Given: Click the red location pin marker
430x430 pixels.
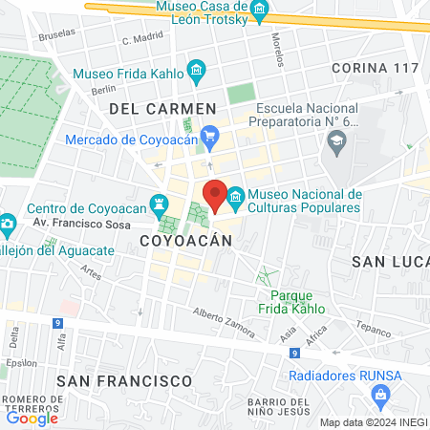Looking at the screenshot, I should tap(215, 195).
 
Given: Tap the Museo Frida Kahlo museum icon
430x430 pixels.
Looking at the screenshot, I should tap(197, 70).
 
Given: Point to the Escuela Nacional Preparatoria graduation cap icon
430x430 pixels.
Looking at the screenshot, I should tap(336, 143).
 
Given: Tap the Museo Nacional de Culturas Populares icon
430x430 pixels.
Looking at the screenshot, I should tap(234, 195).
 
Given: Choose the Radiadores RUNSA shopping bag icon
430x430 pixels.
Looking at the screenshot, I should tap(380, 394).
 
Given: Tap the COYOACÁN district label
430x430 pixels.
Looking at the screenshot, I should tap(186, 242).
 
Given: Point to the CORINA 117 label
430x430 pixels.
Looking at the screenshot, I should tap(375, 69).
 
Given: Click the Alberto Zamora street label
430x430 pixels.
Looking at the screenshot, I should tap(224, 323).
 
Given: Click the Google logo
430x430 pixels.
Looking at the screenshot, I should tap(32, 418).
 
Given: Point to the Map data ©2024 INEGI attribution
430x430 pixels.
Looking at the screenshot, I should tap(373, 422).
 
